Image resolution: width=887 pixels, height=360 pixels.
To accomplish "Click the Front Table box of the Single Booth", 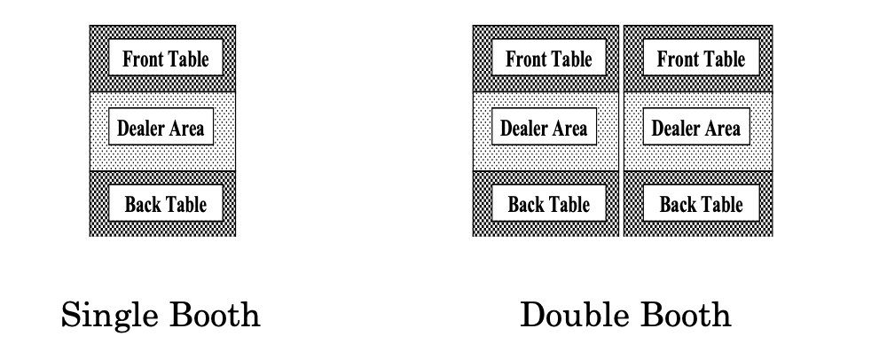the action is tap(166, 57).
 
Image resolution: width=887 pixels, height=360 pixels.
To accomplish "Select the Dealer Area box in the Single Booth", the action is tap(161, 127).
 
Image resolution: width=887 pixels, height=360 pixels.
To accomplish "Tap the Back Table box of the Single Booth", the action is tap(166, 202).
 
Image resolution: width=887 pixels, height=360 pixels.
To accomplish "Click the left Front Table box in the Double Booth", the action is tap(549, 57).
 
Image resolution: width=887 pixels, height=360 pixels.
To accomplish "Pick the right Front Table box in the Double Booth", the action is tap(701, 57).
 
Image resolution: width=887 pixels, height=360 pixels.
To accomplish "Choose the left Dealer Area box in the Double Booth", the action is tap(544, 127).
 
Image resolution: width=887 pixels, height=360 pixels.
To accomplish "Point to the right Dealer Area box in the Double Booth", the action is tap(696, 127).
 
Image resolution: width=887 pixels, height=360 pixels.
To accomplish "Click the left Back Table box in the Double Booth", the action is tap(549, 202).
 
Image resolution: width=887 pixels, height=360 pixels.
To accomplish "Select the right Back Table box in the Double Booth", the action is tap(701, 202).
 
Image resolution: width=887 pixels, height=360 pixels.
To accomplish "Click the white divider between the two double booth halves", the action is tap(621, 130).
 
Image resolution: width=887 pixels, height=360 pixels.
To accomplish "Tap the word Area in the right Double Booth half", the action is tap(722, 129).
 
